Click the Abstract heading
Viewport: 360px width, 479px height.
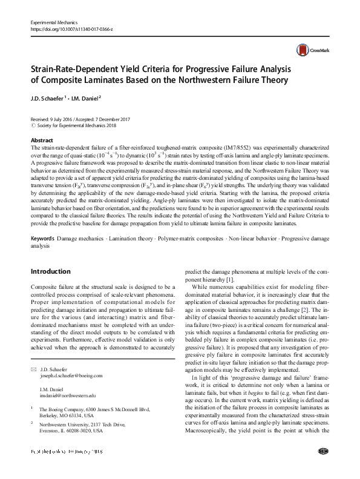tap(42, 140)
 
